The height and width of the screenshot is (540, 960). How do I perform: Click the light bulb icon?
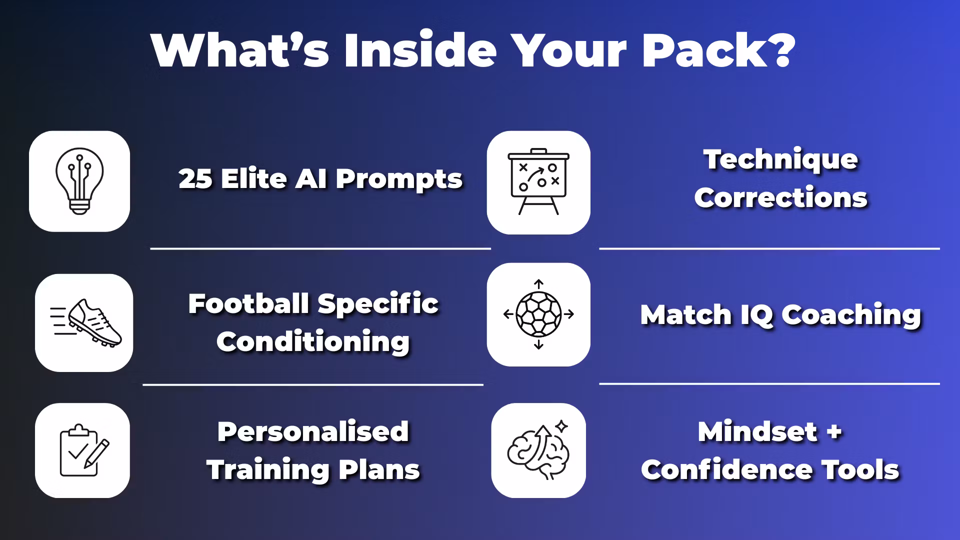tap(79, 181)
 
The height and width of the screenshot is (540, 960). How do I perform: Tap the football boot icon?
tap(85, 322)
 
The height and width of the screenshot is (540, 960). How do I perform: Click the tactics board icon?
tap(538, 182)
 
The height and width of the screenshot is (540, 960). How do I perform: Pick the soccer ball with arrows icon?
tap(538, 314)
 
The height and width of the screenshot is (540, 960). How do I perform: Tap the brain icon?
tap(538, 449)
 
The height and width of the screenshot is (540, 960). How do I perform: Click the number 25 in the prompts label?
tap(195, 179)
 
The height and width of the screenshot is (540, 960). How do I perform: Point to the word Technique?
tap(780, 160)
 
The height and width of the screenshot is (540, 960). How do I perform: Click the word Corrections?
tap(780, 197)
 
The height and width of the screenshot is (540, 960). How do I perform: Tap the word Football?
tap(248, 303)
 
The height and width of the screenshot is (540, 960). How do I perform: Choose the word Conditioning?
tap(313, 342)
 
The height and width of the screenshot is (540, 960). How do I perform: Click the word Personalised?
tap(313, 431)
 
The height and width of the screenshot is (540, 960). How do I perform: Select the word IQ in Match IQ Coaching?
tap(757, 315)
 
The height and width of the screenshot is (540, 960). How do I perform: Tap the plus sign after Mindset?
tap(834, 431)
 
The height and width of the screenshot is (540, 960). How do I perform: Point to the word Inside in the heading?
tap(420, 50)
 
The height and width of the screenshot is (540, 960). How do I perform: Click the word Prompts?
tap(399, 180)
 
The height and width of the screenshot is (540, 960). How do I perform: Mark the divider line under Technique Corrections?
tap(769, 248)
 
